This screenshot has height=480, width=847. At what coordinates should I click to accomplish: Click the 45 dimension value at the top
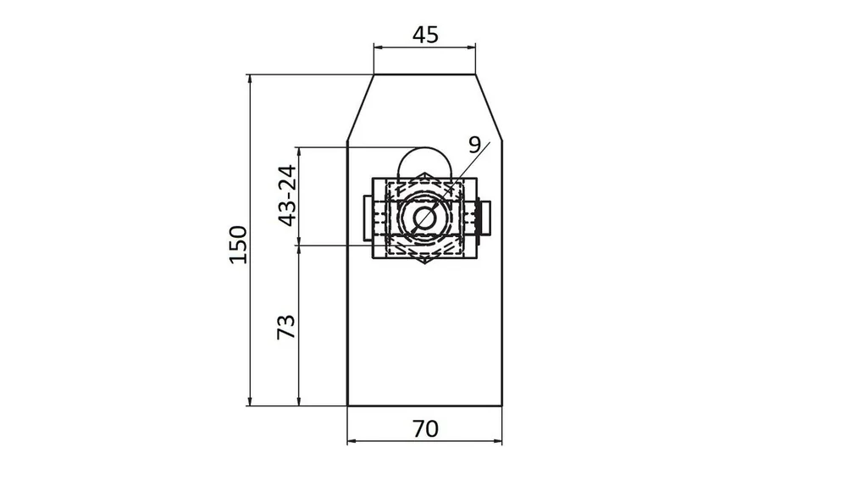point(425,35)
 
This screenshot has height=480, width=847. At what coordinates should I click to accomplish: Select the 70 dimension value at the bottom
point(426,429)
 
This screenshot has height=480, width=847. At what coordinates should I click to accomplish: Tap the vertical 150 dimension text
point(238,245)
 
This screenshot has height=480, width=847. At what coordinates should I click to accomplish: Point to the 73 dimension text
point(286,327)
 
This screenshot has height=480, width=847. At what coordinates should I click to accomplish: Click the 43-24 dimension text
point(287,196)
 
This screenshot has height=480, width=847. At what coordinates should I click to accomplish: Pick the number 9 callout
point(474,145)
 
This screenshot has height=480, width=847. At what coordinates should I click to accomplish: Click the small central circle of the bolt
point(424,218)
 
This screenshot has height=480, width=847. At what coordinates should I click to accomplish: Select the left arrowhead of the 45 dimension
point(378,47)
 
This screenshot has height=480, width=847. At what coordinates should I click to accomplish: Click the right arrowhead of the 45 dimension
point(471,47)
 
